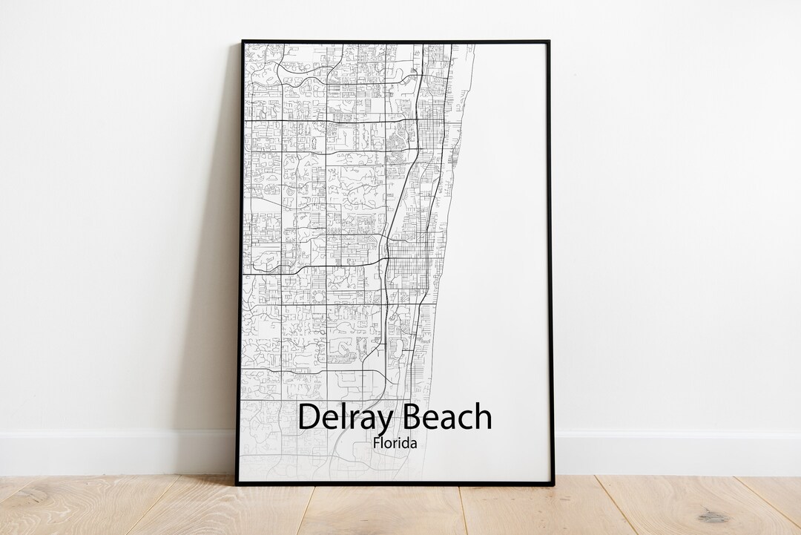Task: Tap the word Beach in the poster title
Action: [446, 417]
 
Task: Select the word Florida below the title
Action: [395, 444]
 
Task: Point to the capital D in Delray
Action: [309, 417]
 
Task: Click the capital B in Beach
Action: [411, 417]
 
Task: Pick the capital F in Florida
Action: [376, 444]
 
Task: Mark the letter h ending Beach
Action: [483, 416]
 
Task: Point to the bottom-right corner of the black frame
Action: [553, 484]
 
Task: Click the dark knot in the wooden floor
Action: [713, 515]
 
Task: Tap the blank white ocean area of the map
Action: [504, 223]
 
